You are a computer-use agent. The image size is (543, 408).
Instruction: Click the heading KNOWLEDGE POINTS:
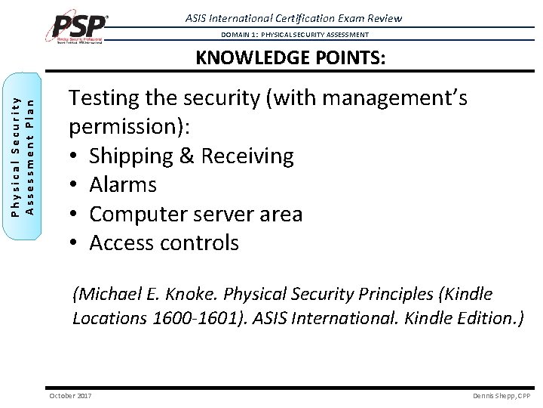290,58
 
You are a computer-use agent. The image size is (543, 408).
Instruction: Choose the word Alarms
123,185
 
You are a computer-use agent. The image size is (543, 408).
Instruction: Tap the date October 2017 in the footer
70,396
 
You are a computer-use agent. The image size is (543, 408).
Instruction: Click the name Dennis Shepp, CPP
502,396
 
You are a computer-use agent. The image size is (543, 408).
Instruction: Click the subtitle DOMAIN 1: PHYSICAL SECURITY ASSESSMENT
295,35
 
